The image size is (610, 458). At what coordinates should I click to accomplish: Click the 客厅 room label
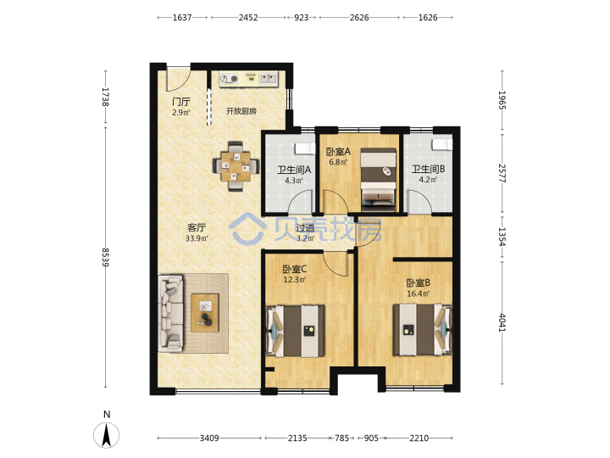196,227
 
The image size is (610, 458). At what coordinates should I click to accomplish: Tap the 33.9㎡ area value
197,238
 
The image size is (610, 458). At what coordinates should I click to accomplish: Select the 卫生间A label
294,170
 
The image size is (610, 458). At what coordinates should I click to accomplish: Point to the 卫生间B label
429,169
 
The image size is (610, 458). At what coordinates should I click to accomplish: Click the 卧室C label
295,269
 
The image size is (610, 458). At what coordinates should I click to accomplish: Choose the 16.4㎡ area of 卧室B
419,293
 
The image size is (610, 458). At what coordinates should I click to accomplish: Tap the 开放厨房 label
241,111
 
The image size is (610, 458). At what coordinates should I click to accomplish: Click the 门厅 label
181,102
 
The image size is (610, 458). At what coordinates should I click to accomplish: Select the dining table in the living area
236,166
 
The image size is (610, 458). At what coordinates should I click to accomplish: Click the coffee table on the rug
205,313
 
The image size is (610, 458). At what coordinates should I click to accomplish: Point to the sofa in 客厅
171,314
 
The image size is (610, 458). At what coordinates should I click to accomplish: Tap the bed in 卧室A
378,176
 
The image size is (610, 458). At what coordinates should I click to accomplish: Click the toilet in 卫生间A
305,148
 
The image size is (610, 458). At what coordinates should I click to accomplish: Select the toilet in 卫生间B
442,144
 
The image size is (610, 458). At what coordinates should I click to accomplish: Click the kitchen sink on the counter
268,78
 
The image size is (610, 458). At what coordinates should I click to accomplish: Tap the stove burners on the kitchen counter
229,79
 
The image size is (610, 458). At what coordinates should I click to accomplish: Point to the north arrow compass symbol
106,434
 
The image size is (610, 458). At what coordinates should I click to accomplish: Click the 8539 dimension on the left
105,258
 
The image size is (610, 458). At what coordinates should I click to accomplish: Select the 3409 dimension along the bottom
209,438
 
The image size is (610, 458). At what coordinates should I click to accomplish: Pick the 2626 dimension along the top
359,18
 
